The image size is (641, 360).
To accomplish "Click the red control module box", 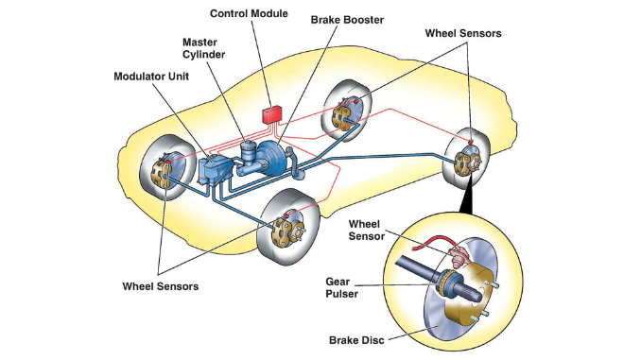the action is tap(272, 114).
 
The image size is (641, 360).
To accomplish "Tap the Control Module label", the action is tap(249, 13).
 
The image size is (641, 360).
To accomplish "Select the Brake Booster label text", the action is tap(347, 20).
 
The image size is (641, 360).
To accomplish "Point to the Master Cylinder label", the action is tap(203, 48).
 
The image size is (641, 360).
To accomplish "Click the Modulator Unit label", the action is tap(151, 77).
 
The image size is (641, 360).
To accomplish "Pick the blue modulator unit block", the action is tap(215, 172).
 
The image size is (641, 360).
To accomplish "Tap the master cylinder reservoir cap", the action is tap(248, 146).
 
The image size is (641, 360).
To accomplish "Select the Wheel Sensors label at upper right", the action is tap(463, 33).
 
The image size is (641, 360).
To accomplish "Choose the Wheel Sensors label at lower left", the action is tap(161, 286).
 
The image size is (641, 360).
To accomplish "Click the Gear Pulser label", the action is tap(341, 287).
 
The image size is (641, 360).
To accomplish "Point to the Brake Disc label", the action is tap(356, 340).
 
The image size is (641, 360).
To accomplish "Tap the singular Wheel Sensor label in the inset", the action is tap(366, 230).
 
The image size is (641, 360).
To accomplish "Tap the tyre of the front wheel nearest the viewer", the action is tap(288, 227).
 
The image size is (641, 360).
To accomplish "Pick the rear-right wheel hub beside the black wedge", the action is tap(467, 163).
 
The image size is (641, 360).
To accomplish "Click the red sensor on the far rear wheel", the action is tap(356, 100).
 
